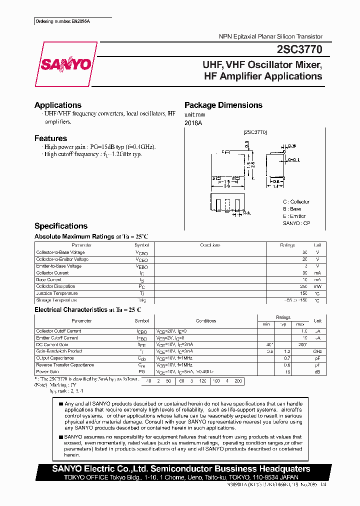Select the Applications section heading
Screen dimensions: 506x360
[58, 105]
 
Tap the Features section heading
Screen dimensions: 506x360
[50, 138]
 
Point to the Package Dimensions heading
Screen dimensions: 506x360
[223, 105]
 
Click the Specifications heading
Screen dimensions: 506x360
[61, 226]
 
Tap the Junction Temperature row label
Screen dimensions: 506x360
[57, 293]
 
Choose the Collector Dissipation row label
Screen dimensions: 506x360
[55, 286]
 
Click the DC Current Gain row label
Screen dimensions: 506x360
[52, 344]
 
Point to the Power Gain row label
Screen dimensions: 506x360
[47, 371]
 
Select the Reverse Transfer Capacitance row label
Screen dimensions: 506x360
[65, 365]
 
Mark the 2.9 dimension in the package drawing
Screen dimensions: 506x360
[226, 186]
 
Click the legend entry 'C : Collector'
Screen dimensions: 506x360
[296, 202]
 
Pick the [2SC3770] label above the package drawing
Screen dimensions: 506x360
[255, 132]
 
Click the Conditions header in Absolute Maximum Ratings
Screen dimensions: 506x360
[210, 245]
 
